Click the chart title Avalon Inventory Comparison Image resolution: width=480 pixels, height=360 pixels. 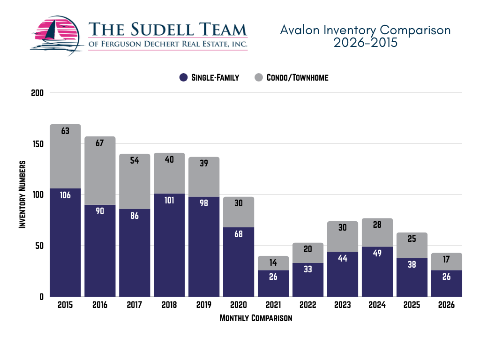(365, 30)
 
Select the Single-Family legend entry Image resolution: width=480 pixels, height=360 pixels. (209, 78)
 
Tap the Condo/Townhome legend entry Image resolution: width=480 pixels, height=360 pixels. (291, 78)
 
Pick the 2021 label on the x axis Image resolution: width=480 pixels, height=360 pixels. (273, 305)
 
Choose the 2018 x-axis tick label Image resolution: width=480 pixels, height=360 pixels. (169, 305)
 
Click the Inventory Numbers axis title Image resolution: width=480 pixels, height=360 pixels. (22, 195)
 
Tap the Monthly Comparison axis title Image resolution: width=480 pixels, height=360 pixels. (256, 318)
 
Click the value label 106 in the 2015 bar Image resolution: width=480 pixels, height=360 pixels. (65, 195)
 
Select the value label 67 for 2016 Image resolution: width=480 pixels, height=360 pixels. (100, 143)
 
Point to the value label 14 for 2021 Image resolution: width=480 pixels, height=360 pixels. (273, 263)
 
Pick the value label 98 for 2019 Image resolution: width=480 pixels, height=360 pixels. (204, 204)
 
